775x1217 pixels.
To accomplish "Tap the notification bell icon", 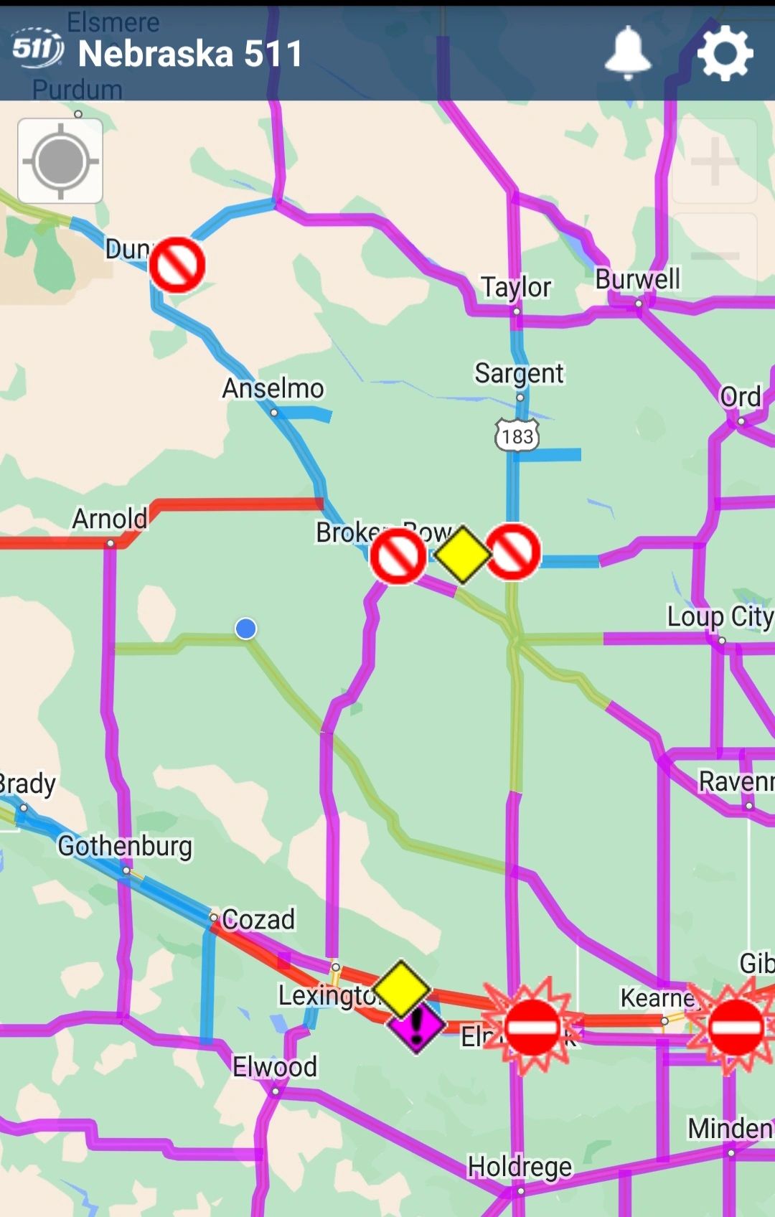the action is point(628,52).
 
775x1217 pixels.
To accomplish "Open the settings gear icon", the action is point(725,52).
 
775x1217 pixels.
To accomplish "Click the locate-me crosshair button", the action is point(60,161).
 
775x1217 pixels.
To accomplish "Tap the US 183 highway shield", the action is point(517,436).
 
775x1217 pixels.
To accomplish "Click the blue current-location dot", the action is point(246,629).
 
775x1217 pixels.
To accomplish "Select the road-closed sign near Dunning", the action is point(177,265).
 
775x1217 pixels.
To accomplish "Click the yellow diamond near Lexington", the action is point(401,989).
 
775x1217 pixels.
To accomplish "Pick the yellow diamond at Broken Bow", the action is point(463,555).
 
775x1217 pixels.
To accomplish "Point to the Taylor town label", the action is point(516,287).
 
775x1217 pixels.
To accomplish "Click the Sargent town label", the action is point(520,373).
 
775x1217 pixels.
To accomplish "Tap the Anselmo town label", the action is point(273,388).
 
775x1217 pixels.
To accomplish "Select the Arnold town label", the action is point(110,518).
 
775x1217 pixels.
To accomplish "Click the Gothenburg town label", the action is point(125,846).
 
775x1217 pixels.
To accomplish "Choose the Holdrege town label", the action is point(520,1167).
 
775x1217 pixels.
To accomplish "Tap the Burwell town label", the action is point(637,279).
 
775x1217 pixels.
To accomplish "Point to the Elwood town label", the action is point(275,1067).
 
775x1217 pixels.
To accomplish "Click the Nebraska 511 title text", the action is point(190,54).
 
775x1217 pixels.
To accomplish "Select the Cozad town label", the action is point(258,919).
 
